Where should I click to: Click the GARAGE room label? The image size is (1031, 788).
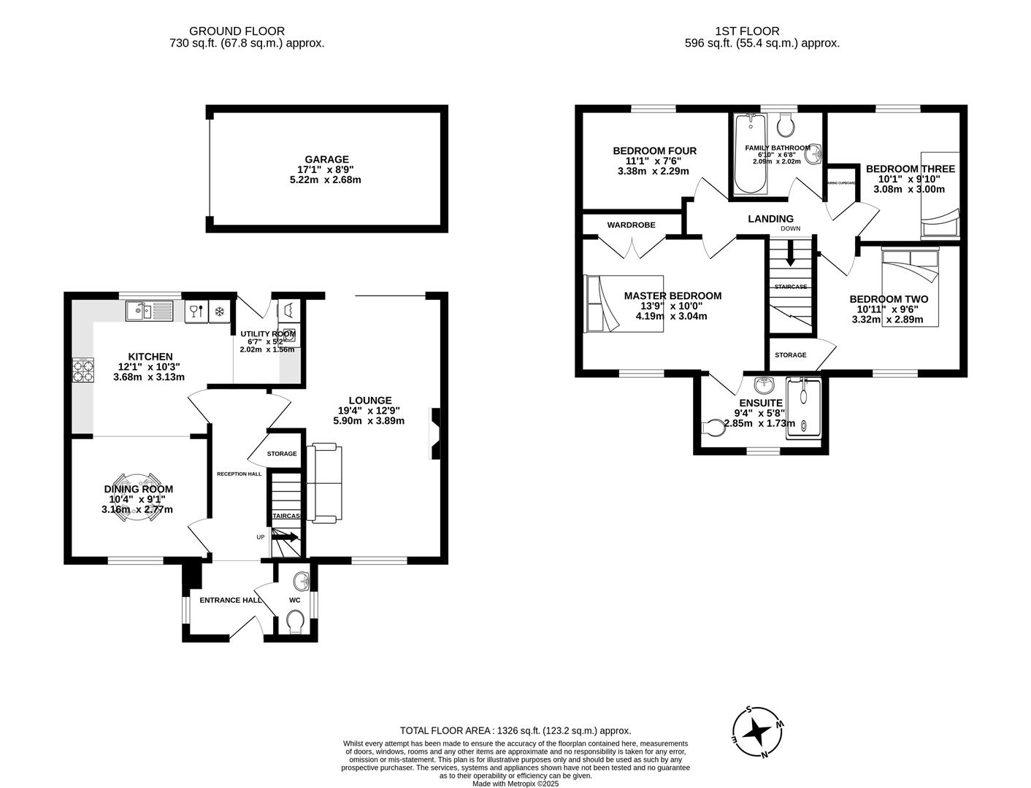[x=326, y=159]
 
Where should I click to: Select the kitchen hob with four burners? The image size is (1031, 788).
[x=83, y=371]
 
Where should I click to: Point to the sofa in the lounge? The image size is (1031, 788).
[x=324, y=483]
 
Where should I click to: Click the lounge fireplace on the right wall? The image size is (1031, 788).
[x=434, y=434]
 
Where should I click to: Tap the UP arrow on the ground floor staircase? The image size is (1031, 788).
[x=285, y=537]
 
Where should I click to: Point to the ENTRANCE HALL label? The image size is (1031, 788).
[x=231, y=600]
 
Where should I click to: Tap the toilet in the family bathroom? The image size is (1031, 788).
[x=786, y=126]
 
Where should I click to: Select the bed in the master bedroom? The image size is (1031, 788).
[x=624, y=304]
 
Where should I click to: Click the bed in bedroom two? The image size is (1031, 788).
[x=910, y=286]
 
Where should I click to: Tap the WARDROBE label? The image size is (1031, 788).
[x=632, y=225]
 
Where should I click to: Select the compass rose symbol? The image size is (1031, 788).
[x=759, y=731]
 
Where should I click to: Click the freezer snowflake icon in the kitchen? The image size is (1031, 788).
[x=218, y=312]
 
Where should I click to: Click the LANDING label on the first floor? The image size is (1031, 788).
[x=770, y=219]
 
